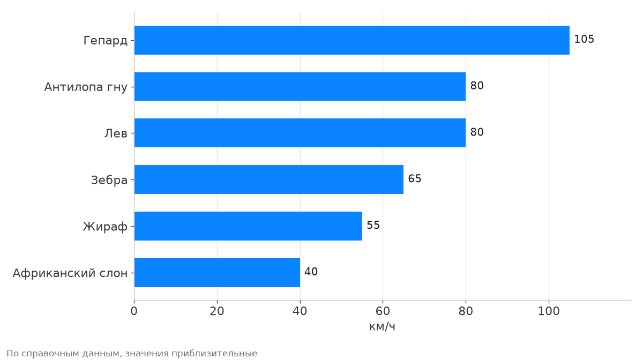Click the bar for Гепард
click(x=352, y=40)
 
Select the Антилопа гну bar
click(x=300, y=86)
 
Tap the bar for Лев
click(x=300, y=133)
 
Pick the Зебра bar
click(x=269, y=179)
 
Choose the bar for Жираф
click(x=248, y=226)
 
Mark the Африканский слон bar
click(x=218, y=273)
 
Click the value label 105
click(x=584, y=39)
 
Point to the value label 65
click(x=415, y=178)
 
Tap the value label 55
click(x=373, y=225)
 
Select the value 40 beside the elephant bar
click(x=311, y=272)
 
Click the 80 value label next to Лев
click(x=477, y=132)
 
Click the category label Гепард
click(x=106, y=41)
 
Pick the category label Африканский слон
click(x=70, y=273)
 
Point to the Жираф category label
click(x=105, y=227)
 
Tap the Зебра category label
click(x=109, y=181)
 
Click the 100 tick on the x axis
click(x=549, y=311)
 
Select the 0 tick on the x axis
click(x=134, y=311)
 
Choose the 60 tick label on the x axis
click(x=383, y=311)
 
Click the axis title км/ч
click(x=382, y=327)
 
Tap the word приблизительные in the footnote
click(x=214, y=354)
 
